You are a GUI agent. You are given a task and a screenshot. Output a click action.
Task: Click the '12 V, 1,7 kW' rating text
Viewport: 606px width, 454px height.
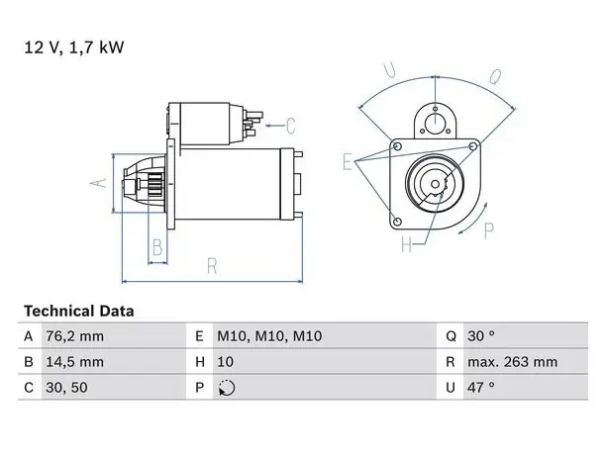click(x=74, y=47)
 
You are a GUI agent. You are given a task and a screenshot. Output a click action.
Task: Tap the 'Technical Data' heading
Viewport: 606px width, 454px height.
click(x=79, y=312)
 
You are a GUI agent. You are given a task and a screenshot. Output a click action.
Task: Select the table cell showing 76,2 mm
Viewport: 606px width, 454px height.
click(x=74, y=336)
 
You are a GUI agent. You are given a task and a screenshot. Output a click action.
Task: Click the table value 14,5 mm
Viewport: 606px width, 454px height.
click(x=74, y=362)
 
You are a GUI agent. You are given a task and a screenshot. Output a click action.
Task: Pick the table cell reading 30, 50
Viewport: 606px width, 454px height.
click(x=66, y=388)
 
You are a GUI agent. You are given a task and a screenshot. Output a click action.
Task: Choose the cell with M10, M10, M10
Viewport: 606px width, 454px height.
click(x=269, y=336)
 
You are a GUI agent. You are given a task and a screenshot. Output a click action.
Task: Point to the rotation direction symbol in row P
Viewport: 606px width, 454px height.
click(x=227, y=388)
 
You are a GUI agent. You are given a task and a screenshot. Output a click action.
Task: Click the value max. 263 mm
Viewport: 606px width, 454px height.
click(x=513, y=362)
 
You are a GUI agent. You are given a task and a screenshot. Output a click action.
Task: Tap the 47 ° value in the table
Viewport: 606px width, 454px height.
click(x=481, y=387)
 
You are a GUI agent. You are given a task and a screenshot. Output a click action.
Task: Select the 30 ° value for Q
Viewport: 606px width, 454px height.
click(x=481, y=336)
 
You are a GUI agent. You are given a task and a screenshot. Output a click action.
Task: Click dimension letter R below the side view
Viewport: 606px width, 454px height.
click(x=212, y=266)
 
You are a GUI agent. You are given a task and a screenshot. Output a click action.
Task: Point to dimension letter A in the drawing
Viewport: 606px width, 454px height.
click(x=99, y=183)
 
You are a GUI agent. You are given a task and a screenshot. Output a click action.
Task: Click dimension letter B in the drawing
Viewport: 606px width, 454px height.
click(x=157, y=247)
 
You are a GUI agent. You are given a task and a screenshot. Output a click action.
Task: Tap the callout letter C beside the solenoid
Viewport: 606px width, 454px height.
click(x=291, y=126)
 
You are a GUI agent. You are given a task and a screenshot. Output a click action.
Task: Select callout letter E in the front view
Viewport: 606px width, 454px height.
click(x=348, y=161)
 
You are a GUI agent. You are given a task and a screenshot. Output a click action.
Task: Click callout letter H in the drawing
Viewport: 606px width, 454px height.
click(x=407, y=244)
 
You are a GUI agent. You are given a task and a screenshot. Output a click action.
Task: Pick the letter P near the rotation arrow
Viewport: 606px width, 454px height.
click(x=489, y=230)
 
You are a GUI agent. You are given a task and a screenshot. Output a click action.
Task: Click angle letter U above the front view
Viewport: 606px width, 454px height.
click(x=389, y=70)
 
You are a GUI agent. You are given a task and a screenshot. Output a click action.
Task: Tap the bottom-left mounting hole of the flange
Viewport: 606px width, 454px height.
click(x=397, y=222)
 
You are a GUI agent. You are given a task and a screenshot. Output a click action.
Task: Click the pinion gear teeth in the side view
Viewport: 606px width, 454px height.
click(x=155, y=184)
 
